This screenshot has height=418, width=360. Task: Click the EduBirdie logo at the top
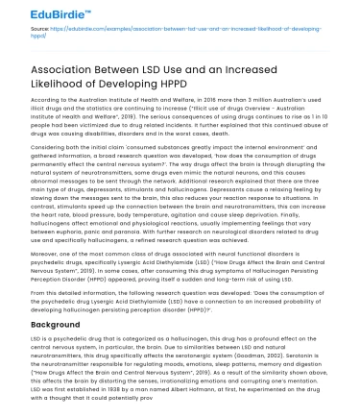36,13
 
